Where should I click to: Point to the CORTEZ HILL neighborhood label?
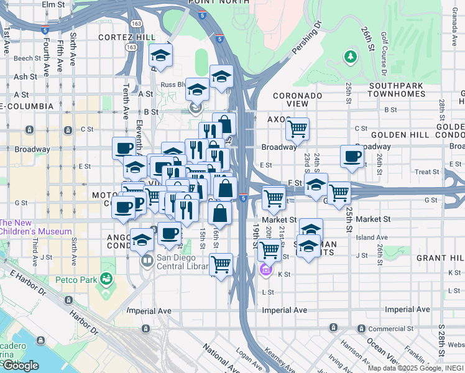(127, 37)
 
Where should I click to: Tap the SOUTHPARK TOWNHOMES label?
(398, 90)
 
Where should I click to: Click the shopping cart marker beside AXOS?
(298, 129)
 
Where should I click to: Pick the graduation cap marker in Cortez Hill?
(160, 57)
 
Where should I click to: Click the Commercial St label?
(425, 328)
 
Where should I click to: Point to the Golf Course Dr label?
(382, 49)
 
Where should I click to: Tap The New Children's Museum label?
(35, 227)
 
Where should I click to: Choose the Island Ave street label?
(371, 237)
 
